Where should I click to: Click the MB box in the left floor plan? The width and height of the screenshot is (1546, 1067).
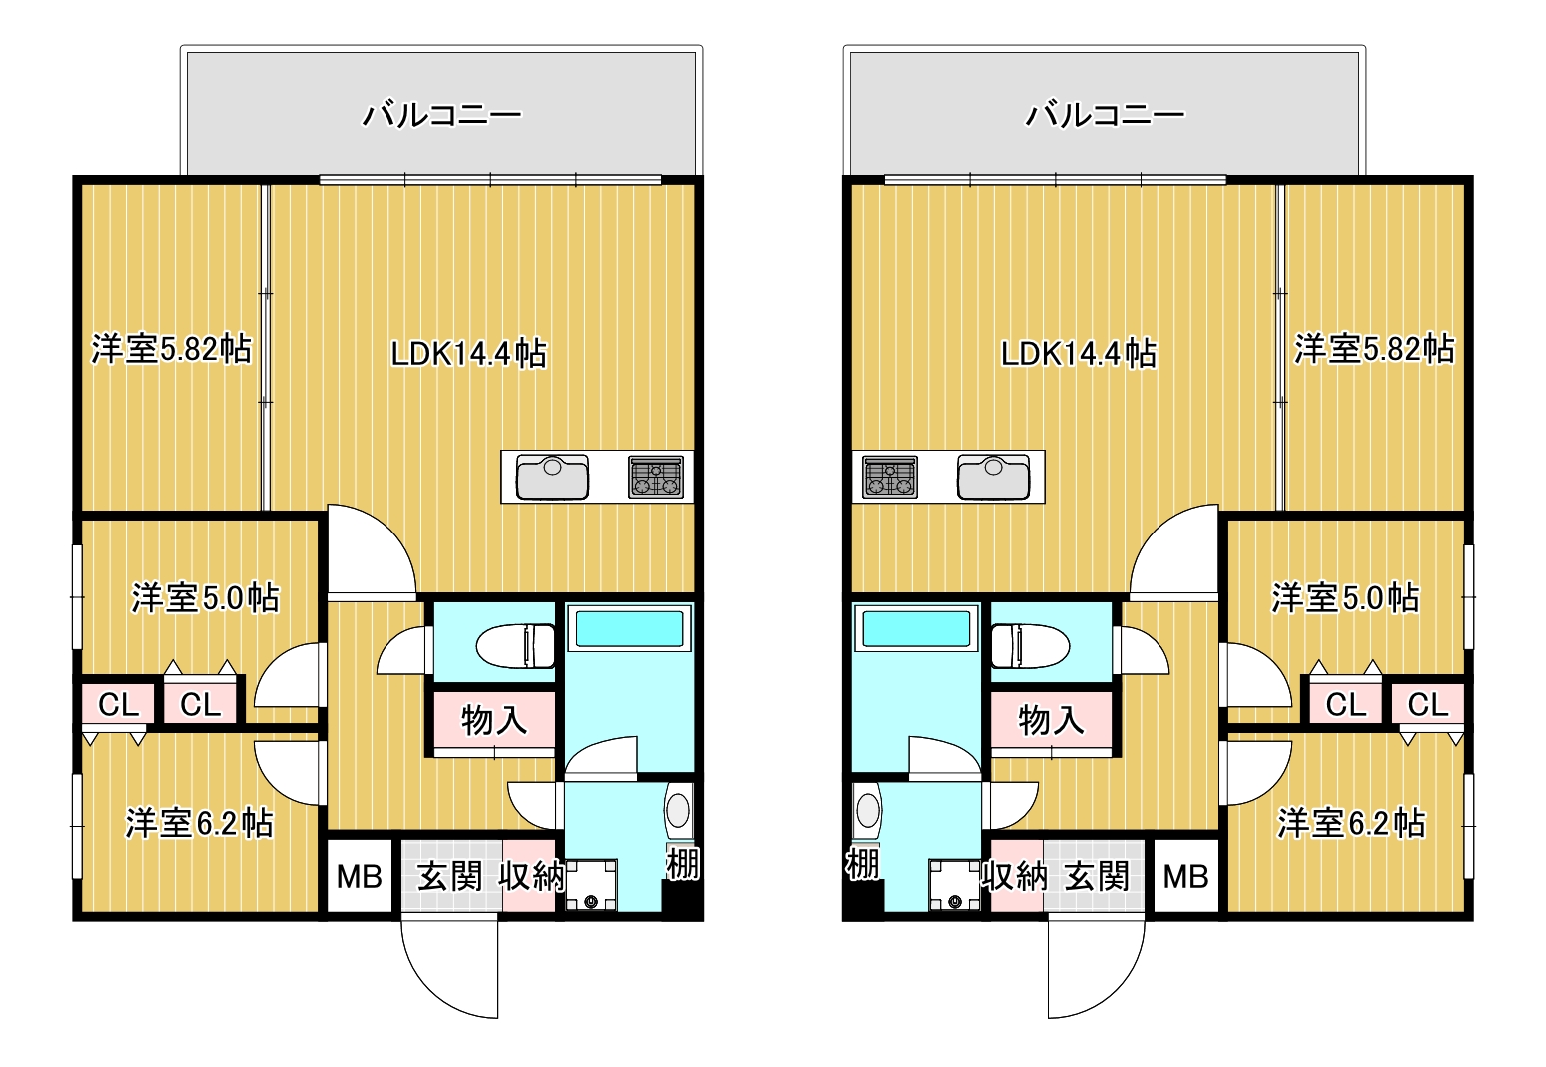click(x=359, y=876)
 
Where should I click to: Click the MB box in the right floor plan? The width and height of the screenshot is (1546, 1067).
click(x=1185, y=876)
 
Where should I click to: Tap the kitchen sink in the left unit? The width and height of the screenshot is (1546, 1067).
click(x=553, y=477)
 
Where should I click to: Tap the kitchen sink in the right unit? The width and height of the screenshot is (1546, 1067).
click(x=993, y=477)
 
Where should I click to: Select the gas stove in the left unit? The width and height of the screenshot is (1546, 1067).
click(x=656, y=477)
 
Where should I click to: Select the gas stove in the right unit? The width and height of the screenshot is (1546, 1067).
click(x=890, y=477)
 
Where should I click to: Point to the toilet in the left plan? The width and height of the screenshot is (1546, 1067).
click(x=515, y=646)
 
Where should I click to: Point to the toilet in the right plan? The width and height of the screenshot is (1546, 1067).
click(x=1030, y=646)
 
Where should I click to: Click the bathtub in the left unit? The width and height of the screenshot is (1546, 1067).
click(x=629, y=628)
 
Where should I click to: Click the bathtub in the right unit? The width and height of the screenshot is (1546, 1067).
click(x=917, y=628)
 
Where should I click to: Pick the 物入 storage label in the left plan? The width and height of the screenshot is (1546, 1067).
click(x=494, y=721)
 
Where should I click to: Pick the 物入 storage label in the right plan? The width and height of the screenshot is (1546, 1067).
click(x=1052, y=721)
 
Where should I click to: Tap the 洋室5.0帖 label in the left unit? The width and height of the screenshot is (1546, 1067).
click(x=206, y=598)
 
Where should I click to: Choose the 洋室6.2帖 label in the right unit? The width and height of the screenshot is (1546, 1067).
click(x=1351, y=823)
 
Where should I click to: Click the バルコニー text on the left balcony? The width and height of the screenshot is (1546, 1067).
click(x=442, y=115)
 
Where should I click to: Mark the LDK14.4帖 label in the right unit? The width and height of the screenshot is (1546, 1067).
click(x=1079, y=353)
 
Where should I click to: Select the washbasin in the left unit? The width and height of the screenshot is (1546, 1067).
click(x=679, y=811)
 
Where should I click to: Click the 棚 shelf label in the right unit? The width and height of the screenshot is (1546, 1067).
click(x=863, y=863)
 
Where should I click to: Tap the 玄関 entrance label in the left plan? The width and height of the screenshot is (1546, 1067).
click(x=450, y=877)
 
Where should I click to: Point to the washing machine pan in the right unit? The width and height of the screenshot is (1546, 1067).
click(x=955, y=885)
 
